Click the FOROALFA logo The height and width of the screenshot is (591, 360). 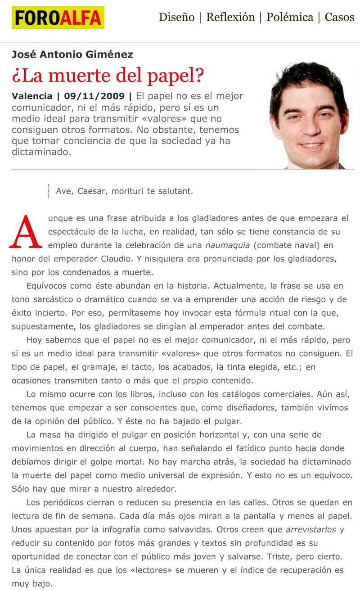pos(58,18)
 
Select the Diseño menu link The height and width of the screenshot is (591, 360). pos(176,18)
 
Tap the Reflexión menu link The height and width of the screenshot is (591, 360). pos(230,18)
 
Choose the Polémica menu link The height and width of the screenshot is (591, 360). pos(290,18)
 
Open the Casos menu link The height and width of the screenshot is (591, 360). pos(339,18)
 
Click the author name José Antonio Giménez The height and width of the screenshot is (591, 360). pos(72,55)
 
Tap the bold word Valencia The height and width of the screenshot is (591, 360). pos(32,96)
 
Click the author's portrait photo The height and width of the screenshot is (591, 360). pos(307,116)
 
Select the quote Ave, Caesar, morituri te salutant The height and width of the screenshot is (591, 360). pos(124,191)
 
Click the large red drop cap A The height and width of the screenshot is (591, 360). pos(26,232)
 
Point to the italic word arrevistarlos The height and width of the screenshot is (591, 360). pos(311,529)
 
